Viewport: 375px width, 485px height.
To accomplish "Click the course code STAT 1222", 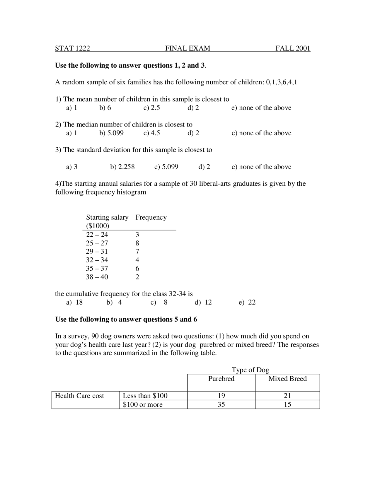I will tap(72, 48).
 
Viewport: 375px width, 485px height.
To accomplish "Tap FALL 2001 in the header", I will tap(293, 48).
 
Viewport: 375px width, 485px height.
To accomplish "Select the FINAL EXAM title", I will tap(187, 48).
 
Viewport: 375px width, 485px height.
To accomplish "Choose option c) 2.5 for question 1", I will tap(151, 108).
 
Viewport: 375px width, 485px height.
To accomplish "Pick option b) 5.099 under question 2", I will tap(111, 133).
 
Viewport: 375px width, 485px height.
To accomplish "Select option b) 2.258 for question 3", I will tap(122, 167).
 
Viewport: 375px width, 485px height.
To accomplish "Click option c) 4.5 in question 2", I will tap(151, 133).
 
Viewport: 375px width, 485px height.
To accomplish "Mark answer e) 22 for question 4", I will tap(247, 302).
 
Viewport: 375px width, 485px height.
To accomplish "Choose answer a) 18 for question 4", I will tap(74, 302).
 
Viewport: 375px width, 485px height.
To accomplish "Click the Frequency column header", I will tap(151, 217).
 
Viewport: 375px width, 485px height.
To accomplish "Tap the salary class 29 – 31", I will tap(97, 251).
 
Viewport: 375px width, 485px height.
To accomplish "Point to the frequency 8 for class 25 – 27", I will tap(137, 243).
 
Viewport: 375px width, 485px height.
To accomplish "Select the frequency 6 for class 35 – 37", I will tap(137, 268).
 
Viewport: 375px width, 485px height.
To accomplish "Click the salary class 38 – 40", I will tap(97, 277).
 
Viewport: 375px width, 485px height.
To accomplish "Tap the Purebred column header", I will tap(221, 379).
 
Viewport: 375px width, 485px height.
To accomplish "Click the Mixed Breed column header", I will tap(287, 379).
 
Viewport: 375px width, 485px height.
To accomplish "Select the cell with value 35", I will tap(221, 404).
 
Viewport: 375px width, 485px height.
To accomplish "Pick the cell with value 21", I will tap(287, 396).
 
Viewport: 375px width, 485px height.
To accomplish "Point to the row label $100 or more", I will tap(143, 404).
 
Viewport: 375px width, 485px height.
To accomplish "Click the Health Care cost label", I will tap(79, 396).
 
